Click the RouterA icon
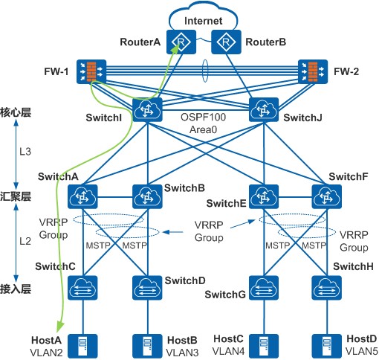(181, 42)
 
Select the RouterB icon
(226, 42)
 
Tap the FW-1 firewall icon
(91, 71)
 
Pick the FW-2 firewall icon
(313, 71)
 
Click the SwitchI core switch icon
(147, 109)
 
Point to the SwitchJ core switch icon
(264, 109)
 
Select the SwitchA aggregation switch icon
(82, 196)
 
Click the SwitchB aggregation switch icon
(147, 196)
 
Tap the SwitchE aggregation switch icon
(264, 196)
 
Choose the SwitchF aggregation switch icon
(327, 196)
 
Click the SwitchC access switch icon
(82, 288)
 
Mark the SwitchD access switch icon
(147, 288)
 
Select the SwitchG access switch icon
(264, 288)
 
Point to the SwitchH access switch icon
(327, 288)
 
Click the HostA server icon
(82, 347)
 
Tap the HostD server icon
(327, 347)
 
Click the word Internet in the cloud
(203, 21)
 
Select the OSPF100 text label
(203, 117)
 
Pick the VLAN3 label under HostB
(182, 353)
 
